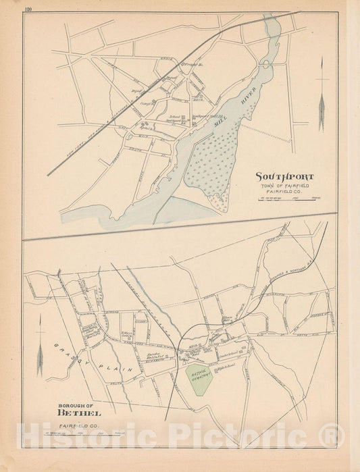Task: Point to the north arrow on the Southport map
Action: pyautogui.click(x=322, y=95)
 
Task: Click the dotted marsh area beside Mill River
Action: pyautogui.click(x=214, y=159)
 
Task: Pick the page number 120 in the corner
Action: pyautogui.click(x=28, y=9)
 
